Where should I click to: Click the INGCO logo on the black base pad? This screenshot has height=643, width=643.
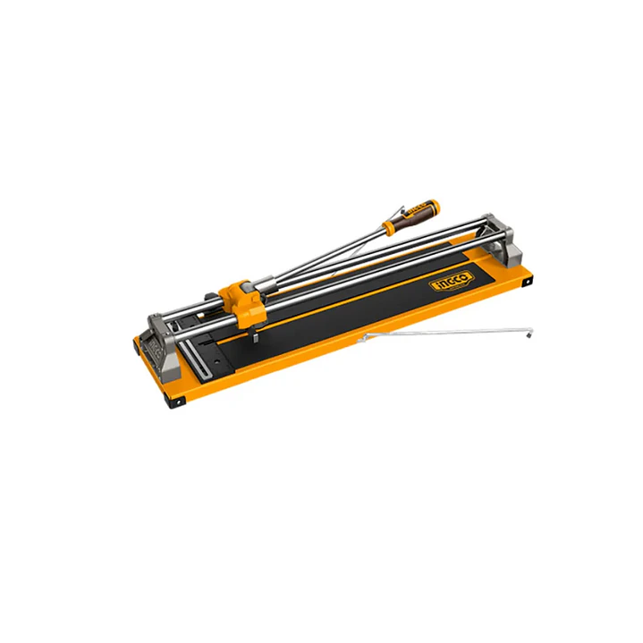pos(451,282)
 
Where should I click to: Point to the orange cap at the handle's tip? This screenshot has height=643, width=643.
pos(434,205)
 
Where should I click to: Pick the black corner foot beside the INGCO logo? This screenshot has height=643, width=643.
pos(527,282)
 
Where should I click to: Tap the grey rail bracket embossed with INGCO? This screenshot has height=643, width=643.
pos(163,348)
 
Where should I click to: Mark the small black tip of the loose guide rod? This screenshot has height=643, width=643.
pos(529,336)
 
